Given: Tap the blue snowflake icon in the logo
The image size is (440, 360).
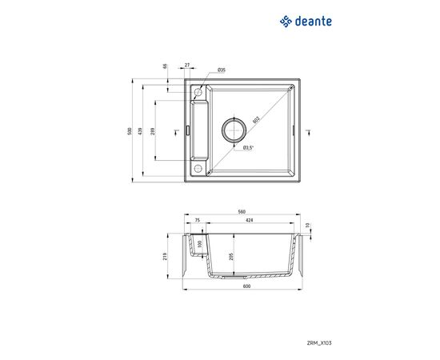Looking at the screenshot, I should pos(286,22).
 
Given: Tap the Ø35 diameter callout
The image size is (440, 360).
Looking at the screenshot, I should pos(221,70).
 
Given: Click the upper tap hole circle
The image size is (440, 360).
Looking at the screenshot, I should pos(197,94).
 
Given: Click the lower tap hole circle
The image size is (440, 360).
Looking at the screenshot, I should pos(197,168).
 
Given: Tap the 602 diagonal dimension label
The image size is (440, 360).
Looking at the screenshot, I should pos(256,120).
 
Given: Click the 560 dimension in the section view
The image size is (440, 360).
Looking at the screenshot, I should pos(241,212).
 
